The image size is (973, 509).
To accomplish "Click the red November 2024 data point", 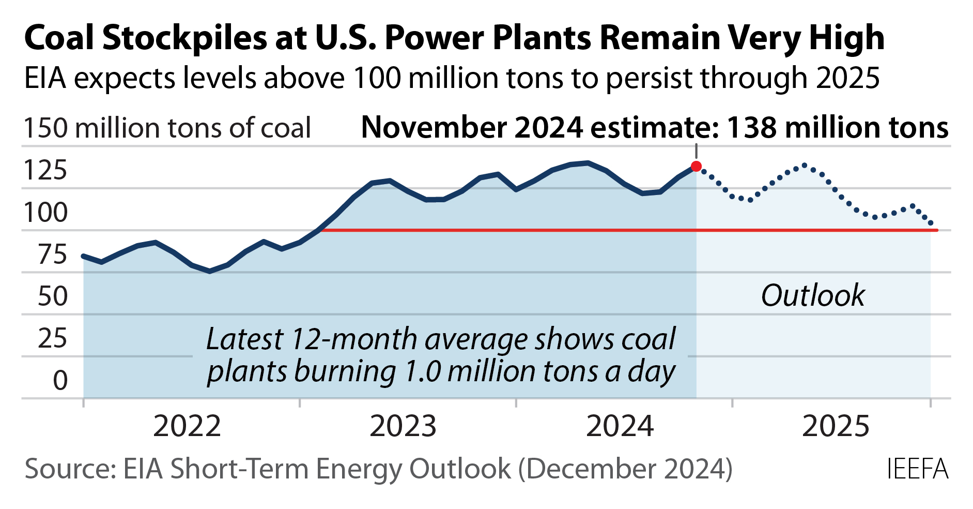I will [x=696, y=166].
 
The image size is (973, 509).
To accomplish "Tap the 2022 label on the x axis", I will [x=187, y=427].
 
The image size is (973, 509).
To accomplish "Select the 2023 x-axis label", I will [x=403, y=427].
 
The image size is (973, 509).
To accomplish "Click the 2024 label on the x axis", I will [x=620, y=427].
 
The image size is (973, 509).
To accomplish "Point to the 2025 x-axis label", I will [x=836, y=427].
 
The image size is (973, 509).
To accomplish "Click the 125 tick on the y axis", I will [x=45, y=170].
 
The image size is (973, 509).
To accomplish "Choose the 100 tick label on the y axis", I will [x=45, y=213].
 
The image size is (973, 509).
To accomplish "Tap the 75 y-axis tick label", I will [x=52, y=255].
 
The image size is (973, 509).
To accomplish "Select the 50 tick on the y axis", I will [x=52, y=296].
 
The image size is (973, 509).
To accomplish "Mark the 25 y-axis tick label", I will [x=52, y=338].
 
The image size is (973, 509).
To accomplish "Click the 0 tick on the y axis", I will [x=60, y=381].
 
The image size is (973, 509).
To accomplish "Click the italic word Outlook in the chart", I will [x=812, y=296].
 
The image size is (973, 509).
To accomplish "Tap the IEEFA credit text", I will [x=917, y=469].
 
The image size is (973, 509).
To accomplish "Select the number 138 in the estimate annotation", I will [x=751, y=127].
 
